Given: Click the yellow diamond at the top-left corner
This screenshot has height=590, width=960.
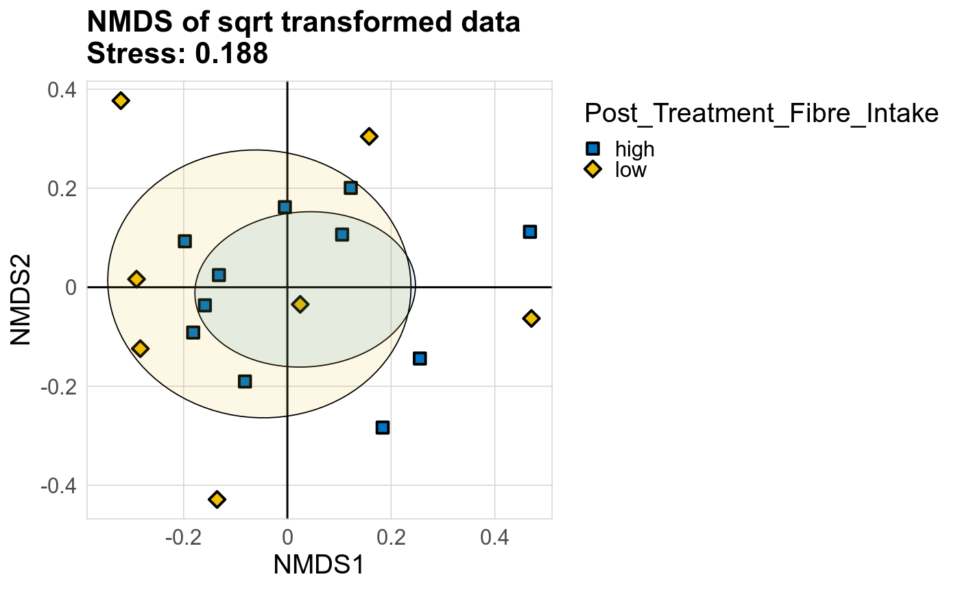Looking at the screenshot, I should pyautogui.click(x=121, y=101).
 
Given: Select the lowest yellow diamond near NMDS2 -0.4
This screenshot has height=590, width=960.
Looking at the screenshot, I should pyautogui.click(x=217, y=499).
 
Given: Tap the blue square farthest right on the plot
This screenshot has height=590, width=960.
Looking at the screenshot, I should pyautogui.click(x=529, y=232).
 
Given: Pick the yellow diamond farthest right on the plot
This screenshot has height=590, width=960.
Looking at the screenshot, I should pyautogui.click(x=531, y=318).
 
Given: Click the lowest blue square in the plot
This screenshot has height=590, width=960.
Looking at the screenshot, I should pyautogui.click(x=383, y=427).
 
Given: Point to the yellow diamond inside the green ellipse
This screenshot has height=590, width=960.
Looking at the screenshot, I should pyautogui.click(x=300, y=304).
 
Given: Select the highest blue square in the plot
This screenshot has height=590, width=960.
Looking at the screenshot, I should pyautogui.click(x=350, y=188).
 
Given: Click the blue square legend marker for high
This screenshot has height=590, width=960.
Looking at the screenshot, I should pyautogui.click(x=592, y=149).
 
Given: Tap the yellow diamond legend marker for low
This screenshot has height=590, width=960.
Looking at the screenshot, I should pyautogui.click(x=592, y=169).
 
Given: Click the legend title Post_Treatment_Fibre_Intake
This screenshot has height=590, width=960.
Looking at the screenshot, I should pyautogui.click(x=760, y=113).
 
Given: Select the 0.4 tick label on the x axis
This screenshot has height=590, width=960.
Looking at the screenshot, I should pyautogui.click(x=494, y=536).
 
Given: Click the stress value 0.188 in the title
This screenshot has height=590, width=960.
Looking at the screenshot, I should pyautogui.click(x=231, y=54).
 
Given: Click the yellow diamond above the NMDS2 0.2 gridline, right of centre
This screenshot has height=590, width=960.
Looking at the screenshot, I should pyautogui.click(x=369, y=137).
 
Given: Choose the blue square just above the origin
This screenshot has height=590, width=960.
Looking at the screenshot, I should pyautogui.click(x=285, y=206).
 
